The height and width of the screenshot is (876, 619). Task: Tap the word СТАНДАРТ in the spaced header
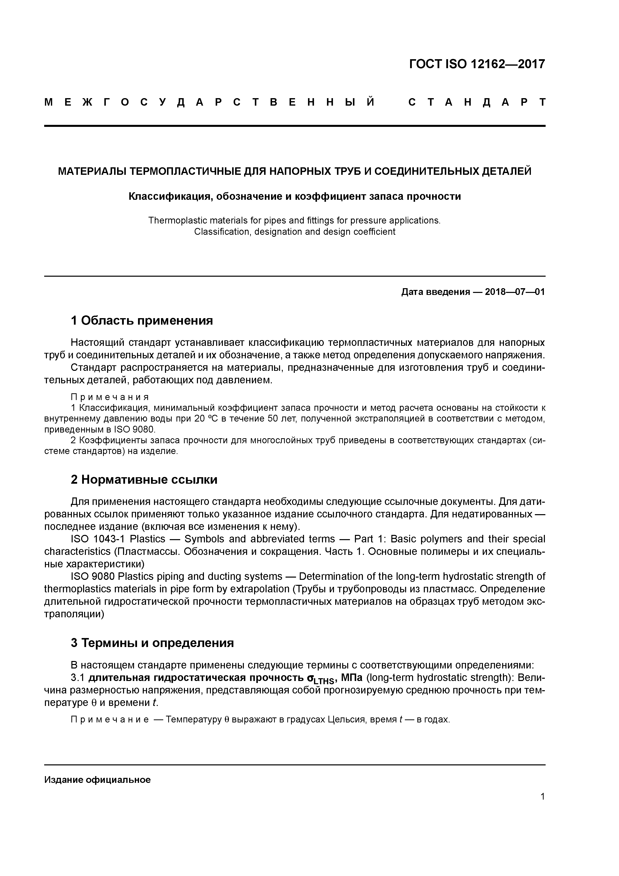click(477, 103)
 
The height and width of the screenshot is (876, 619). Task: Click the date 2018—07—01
click(515, 292)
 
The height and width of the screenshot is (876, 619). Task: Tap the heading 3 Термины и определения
click(152, 643)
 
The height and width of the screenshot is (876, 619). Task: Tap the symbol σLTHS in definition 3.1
click(320, 679)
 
